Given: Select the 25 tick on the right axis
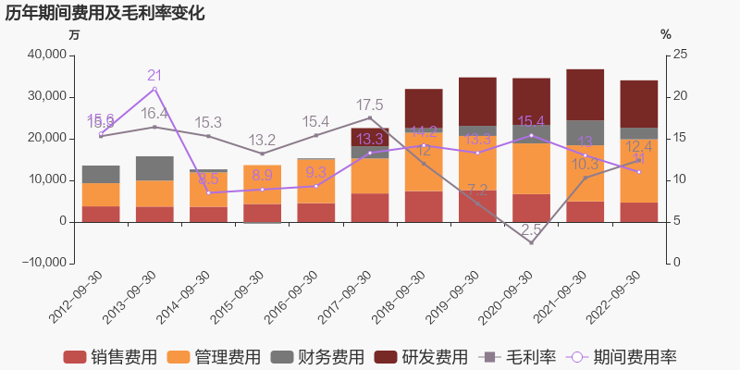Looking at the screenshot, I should point(680,55).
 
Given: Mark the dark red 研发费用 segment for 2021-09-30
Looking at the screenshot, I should point(585,94).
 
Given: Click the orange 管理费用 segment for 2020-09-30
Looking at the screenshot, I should point(531,168).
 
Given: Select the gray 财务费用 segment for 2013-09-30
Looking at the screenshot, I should point(154,168).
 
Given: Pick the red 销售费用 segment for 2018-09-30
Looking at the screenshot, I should point(424,206).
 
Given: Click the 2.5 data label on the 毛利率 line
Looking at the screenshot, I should point(531,229).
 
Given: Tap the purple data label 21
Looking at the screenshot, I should point(154,76).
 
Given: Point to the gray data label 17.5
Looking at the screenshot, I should point(370,105).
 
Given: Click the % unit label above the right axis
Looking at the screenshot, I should point(665,34).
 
